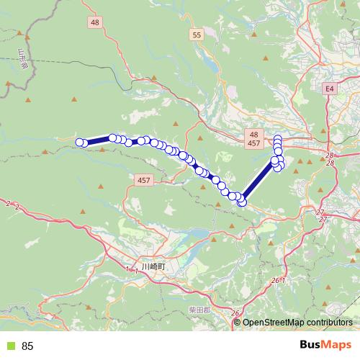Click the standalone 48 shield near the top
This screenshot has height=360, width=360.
[96, 22]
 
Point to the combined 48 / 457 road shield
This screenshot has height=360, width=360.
[253, 140]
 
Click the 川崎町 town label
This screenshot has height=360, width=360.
[154, 266]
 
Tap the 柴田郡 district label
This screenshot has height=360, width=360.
[201, 309]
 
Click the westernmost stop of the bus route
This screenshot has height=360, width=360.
[80, 143]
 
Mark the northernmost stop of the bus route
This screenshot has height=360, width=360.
[278, 138]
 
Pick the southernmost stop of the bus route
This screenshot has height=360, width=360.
[242, 202]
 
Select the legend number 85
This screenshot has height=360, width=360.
[27, 346]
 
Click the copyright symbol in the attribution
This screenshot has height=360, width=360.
[238, 323]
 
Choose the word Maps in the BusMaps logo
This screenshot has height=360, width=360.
[338, 344]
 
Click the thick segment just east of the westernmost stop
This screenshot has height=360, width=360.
[97, 140]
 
